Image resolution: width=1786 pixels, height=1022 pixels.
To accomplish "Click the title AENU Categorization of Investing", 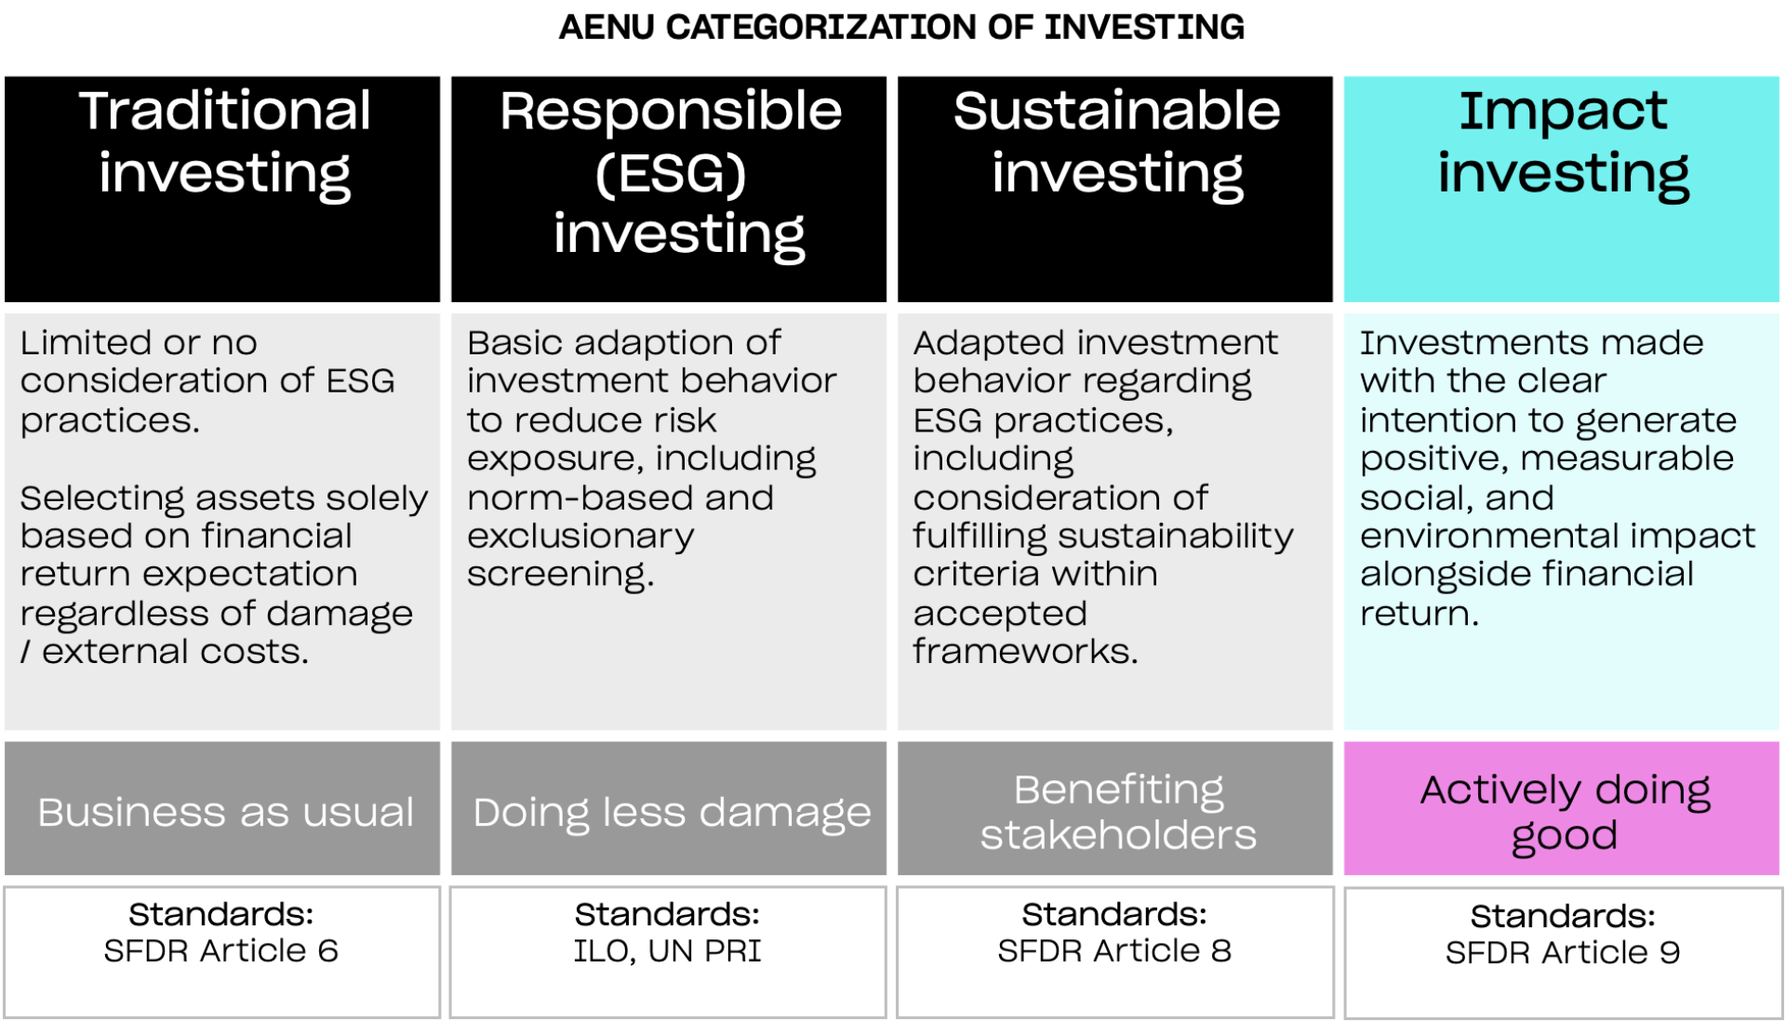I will [900, 27].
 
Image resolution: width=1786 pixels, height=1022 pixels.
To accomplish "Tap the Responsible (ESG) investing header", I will [671, 173].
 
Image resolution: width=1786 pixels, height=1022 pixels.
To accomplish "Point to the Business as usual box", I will [224, 812].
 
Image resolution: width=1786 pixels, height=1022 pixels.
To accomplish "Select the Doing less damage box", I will [671, 812].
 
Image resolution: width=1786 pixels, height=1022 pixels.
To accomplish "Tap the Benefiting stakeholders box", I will [1117, 811].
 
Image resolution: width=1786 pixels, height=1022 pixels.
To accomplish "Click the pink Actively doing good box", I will [1564, 811].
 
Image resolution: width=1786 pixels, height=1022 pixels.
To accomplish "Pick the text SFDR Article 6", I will [220, 950].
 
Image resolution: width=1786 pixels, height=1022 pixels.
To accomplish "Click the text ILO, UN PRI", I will [667, 950].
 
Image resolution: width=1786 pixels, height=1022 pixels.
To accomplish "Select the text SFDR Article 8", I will [1113, 950].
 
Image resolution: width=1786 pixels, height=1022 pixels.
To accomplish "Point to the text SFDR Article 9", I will [1562, 952].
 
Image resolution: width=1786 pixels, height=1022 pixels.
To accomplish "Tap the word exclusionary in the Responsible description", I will [580, 537].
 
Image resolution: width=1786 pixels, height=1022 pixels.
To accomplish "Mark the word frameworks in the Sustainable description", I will [1024, 652].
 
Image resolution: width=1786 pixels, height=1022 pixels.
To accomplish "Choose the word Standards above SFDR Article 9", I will [1562, 916].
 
